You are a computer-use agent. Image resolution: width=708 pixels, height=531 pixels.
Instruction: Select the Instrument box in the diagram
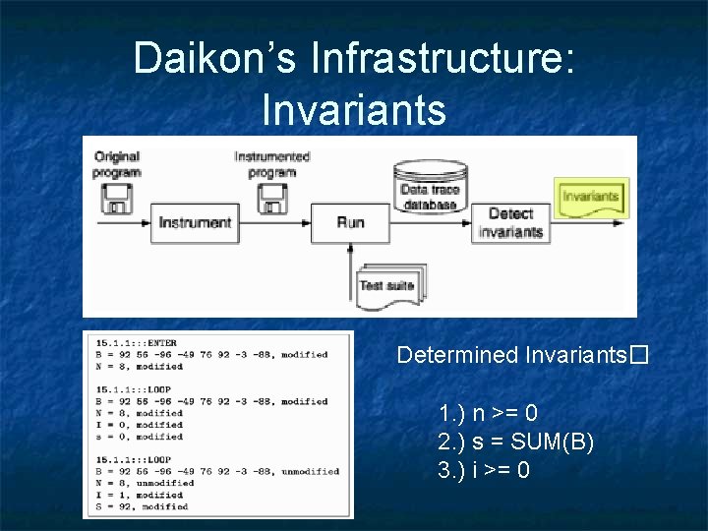(x=195, y=223)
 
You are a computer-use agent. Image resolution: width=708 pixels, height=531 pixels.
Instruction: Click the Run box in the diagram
(x=350, y=223)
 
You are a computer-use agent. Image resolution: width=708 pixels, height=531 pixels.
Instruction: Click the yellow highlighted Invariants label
(x=591, y=197)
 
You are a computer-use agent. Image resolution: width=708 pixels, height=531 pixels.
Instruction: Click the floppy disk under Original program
(x=116, y=200)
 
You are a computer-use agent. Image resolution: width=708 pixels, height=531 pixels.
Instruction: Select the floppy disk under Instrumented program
(x=272, y=199)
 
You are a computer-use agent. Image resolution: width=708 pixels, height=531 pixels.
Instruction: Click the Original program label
(x=117, y=164)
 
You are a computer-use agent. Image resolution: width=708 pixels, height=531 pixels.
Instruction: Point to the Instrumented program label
(x=272, y=164)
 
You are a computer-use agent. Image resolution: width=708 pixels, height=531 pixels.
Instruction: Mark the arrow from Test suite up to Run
(x=351, y=261)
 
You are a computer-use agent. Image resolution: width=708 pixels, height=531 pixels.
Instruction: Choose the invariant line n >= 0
(x=489, y=413)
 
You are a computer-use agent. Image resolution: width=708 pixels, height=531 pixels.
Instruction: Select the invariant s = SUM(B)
(x=516, y=442)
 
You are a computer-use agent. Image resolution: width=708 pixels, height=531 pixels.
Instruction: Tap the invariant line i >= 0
(x=485, y=470)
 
